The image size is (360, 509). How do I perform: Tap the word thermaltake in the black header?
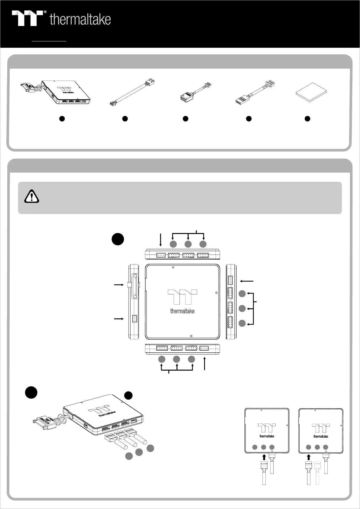[x=80, y=20]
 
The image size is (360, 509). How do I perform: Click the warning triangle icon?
[x=31, y=196]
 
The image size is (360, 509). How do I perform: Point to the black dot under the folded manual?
[x=307, y=119]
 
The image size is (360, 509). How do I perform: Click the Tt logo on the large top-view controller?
[x=182, y=297]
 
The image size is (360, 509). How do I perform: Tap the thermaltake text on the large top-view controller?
[x=182, y=311]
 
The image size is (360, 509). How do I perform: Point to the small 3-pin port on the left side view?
[x=135, y=319]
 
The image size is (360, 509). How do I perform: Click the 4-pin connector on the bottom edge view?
[x=204, y=348]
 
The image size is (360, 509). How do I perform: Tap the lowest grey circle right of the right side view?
[x=242, y=323]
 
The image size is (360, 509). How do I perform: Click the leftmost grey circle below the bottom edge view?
[x=162, y=359]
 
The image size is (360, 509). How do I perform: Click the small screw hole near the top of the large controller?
[x=173, y=267]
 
